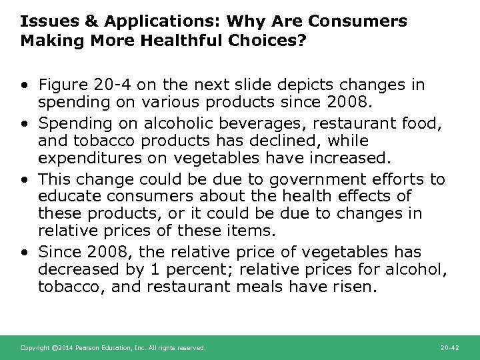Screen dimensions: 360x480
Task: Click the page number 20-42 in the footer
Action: coord(450,348)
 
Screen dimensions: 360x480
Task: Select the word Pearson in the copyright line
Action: coord(86,348)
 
